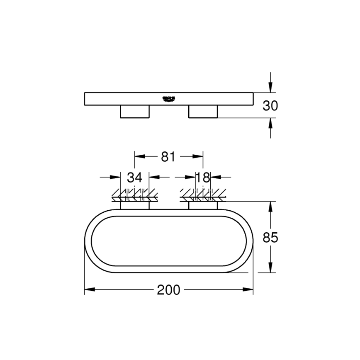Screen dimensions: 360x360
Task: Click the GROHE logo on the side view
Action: point(168,98)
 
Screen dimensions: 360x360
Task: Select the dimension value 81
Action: point(168,157)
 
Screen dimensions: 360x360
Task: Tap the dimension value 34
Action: point(134,178)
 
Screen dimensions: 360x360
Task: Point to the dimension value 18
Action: point(203,178)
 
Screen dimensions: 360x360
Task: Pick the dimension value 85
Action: point(270,238)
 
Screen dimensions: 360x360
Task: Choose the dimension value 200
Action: point(169,290)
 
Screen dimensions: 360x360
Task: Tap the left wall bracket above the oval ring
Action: point(134,206)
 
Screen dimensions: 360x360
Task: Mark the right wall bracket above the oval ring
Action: point(203,206)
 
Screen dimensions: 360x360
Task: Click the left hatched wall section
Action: point(134,195)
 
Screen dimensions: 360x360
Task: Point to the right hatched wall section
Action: point(203,195)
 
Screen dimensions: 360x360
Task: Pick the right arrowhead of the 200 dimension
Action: point(249,290)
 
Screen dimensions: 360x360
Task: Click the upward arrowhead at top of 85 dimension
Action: point(270,206)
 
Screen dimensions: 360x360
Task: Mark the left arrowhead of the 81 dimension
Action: point(139,157)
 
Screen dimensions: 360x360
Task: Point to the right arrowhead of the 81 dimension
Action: point(199,157)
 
